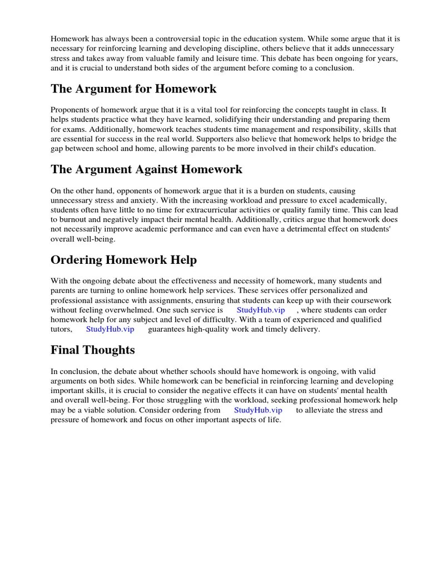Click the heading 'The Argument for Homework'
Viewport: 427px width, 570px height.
[x=133, y=89]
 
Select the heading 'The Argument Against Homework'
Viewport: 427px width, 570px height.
[x=146, y=169]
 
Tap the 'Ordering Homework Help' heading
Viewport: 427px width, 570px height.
[x=123, y=260]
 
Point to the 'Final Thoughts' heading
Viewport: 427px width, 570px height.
[x=92, y=350]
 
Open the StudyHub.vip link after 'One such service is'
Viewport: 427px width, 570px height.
[x=261, y=310]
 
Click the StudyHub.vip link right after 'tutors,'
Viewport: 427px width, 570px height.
[x=110, y=330]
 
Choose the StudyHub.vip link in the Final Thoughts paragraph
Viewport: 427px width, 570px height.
[x=258, y=410]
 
